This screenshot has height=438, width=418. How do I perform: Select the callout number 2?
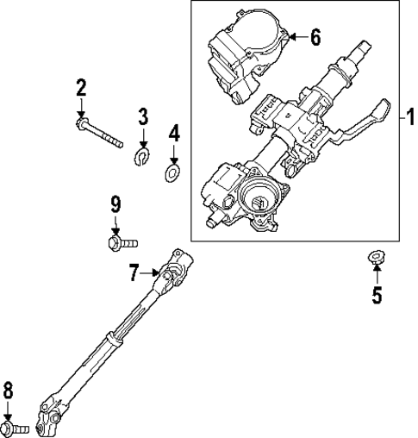point(80,88)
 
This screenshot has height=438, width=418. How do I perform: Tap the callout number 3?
point(143,116)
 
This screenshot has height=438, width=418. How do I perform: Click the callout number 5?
point(376,296)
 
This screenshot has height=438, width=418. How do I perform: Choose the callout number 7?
point(134,273)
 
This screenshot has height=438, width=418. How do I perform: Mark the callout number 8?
point(9,391)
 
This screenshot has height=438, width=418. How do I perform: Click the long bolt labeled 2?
point(100,135)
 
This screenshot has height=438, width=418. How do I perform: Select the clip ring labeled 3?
point(144,155)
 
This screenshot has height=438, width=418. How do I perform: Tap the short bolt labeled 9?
point(120,244)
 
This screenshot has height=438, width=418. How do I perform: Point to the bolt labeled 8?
point(15,426)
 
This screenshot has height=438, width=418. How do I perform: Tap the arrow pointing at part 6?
point(296,37)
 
